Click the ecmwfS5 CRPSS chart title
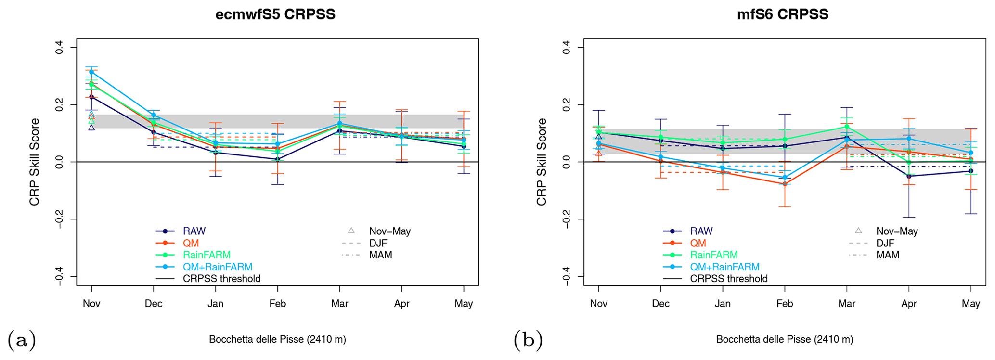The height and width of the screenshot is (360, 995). coord(275,14)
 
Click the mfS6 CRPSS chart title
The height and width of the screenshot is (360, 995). coord(782,14)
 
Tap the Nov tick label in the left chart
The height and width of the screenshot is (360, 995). coord(91,304)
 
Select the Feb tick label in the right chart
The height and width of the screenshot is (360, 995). coord(785,304)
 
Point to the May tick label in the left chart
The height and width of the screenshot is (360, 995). coord(464,304)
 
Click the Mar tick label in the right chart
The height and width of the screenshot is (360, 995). coord(847,304)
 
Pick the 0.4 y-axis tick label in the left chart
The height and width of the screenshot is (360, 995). coord(59,47)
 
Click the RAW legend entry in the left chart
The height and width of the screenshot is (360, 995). coord(194,231)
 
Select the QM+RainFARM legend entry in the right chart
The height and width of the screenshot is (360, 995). coord(724,267)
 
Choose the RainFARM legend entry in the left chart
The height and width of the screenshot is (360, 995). coord(207,255)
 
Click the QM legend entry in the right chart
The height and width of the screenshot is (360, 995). coord(698,244)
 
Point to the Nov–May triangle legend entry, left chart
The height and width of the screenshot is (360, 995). coord(389,231)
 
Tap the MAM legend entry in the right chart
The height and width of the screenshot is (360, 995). coord(888,255)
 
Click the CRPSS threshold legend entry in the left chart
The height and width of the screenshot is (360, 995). coord(221,279)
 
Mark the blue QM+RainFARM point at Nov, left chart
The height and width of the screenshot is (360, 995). coord(91,72)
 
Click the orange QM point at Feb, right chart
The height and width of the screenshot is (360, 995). coord(785,184)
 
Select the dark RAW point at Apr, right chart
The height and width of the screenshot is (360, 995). coord(909,176)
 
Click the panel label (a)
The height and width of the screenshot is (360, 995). coord(22,340)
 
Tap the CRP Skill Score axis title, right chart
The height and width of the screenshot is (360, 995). coord(542,162)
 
